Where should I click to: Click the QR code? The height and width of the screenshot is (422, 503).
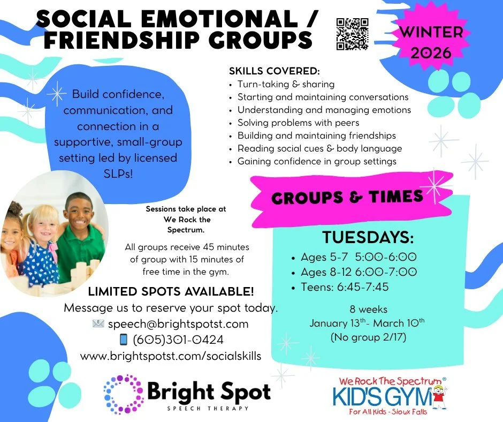click(x=353, y=34)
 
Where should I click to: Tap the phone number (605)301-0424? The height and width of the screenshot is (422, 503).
click(x=178, y=340)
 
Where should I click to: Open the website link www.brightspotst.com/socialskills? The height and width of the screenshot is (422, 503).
click(x=171, y=356)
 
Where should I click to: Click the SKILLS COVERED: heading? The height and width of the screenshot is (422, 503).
click(x=274, y=71)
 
